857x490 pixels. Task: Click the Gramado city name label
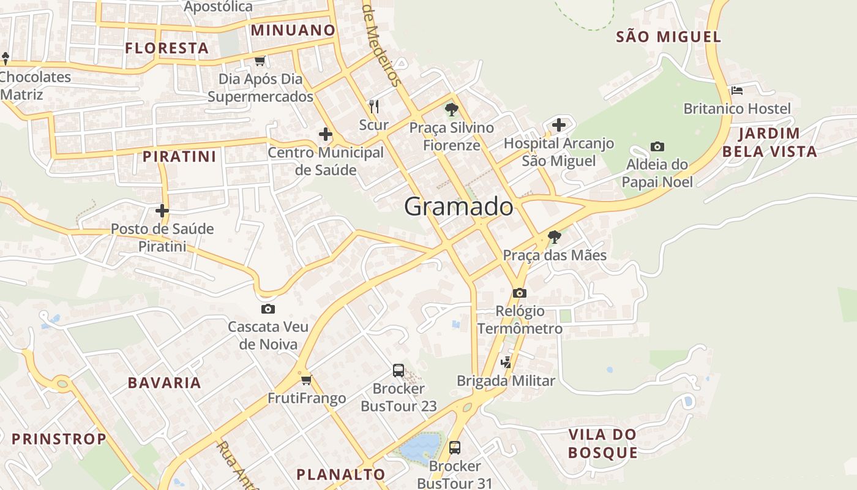[x=458, y=207]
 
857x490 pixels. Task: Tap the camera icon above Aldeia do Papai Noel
[x=657, y=147]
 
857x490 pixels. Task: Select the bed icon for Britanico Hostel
[x=737, y=91]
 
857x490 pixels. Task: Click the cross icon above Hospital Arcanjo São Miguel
[x=558, y=126]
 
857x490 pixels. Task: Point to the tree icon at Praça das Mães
[x=555, y=237]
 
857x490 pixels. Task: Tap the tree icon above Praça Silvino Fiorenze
[x=452, y=110]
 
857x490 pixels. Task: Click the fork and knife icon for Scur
[x=374, y=107]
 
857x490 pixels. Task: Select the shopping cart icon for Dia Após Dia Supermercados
[x=260, y=61]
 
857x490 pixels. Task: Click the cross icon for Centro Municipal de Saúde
[x=326, y=134]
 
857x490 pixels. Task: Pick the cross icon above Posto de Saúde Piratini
[x=162, y=211]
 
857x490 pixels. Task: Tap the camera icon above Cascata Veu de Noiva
[x=268, y=309]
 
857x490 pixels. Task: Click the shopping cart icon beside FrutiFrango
[x=307, y=380]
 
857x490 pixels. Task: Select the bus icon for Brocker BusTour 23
[x=399, y=371]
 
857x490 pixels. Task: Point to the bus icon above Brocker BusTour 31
[x=454, y=448]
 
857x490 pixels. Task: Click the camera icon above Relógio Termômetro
[x=520, y=293]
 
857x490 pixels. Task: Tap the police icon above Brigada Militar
[x=506, y=363]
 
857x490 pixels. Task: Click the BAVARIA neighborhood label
[x=164, y=383]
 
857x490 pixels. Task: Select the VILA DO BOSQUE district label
[x=603, y=444]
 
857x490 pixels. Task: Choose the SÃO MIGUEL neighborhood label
[x=668, y=37]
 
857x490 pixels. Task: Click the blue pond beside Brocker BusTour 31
[x=421, y=446]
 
